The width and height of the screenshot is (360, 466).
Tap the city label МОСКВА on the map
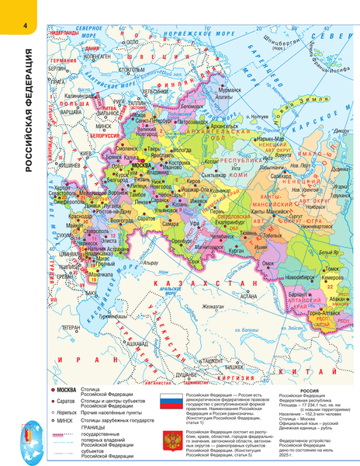(143, 165)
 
